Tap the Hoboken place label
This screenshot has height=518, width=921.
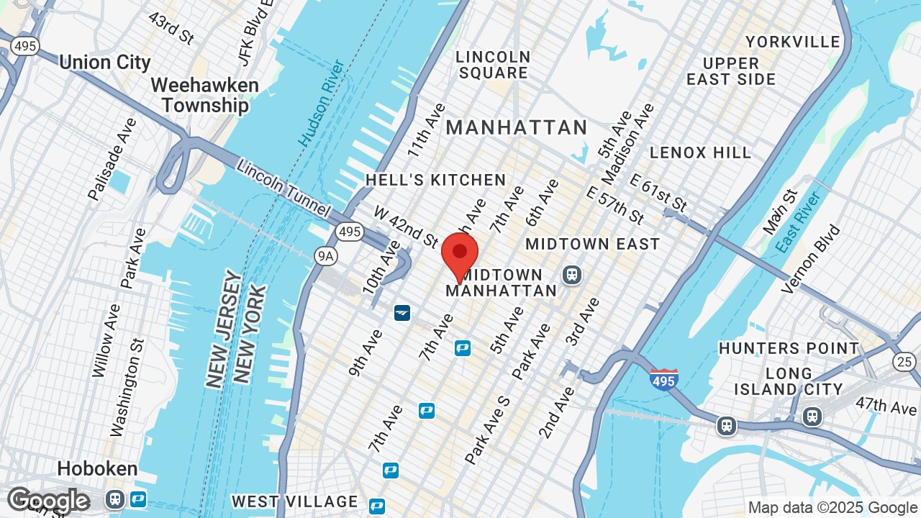[97, 469]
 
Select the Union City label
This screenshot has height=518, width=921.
[105, 63]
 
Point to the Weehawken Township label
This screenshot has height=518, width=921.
[205, 95]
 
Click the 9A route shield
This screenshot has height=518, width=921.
[326, 255]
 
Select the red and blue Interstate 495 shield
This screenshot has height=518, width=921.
[663, 378]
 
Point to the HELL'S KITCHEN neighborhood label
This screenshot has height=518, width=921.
[436, 180]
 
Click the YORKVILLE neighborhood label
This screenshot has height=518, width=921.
[793, 42]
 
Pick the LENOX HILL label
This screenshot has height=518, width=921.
[700, 153]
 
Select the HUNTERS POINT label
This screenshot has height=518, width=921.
[789, 349]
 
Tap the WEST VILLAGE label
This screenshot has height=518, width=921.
[295, 501]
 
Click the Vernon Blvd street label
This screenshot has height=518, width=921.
[811, 259]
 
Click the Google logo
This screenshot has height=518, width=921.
[48, 501]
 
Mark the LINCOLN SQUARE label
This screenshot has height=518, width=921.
[494, 65]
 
